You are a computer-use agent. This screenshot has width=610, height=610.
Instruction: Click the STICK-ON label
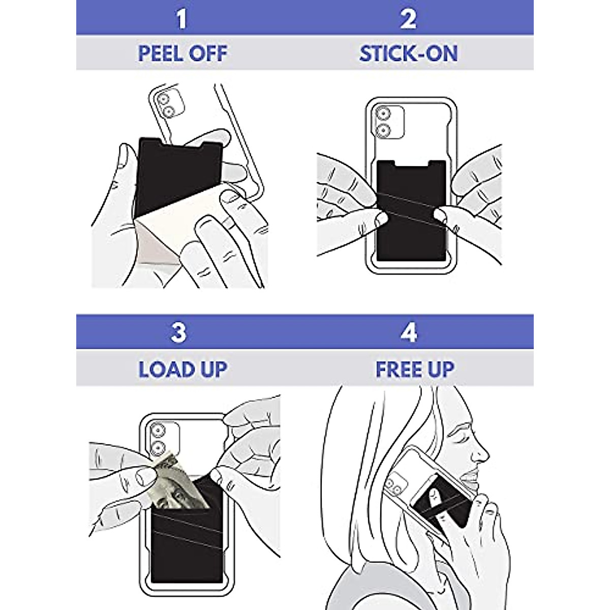[408, 54]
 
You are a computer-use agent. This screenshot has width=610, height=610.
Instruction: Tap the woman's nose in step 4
[481, 450]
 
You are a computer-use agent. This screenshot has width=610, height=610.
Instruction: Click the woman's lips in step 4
[470, 473]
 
